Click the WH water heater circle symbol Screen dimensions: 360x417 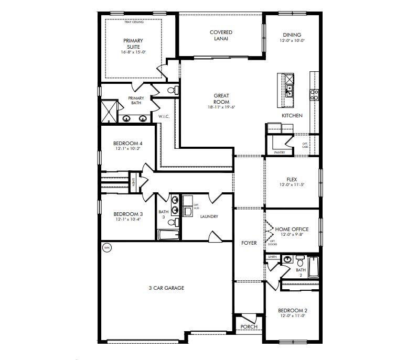click(107, 247)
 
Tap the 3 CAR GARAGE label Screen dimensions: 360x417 click(166, 288)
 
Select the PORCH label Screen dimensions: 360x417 click(249, 327)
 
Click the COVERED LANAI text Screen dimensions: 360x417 click(221, 36)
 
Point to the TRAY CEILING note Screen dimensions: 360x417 click(134, 22)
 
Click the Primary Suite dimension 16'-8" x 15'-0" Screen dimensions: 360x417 click(133, 52)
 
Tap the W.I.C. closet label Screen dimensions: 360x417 click(163, 116)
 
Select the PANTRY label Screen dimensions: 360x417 click(279, 152)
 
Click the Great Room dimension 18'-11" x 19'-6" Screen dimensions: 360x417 click(221, 107)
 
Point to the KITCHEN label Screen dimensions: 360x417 click(292, 115)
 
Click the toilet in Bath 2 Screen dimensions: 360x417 click(300, 260)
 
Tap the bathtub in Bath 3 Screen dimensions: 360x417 click(169, 234)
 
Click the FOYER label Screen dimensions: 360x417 click(249, 243)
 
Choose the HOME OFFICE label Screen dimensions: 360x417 click(292, 230)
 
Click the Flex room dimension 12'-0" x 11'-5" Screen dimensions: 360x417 click(292, 185)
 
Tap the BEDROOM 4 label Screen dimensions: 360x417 click(128, 143)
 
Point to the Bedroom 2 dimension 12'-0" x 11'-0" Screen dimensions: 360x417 click(292, 316)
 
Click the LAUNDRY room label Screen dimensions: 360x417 click(208, 216)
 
